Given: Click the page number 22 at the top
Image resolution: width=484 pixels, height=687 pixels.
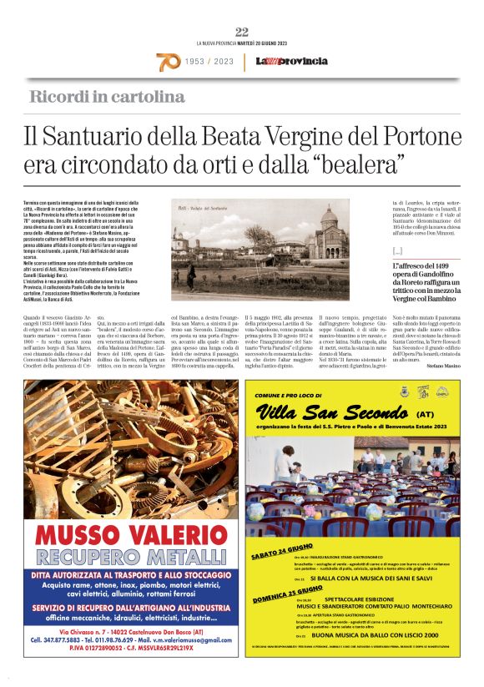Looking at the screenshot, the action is (242, 32).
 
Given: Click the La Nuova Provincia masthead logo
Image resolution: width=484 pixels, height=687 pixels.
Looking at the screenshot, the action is (280, 62).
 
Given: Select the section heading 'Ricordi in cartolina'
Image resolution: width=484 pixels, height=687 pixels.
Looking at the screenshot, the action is (107, 96).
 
